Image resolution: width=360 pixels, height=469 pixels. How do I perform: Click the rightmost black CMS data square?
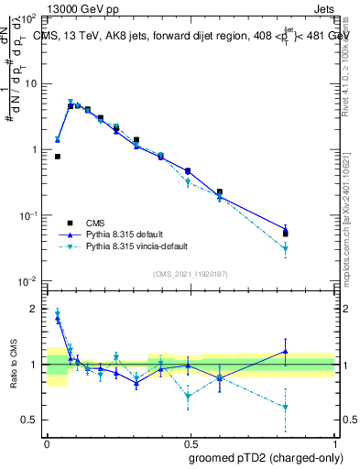[x=286, y=234]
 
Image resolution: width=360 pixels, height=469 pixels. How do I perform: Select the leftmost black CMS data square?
[x=58, y=157]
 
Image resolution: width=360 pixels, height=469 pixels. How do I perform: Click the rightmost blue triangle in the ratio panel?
[x=286, y=351]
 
